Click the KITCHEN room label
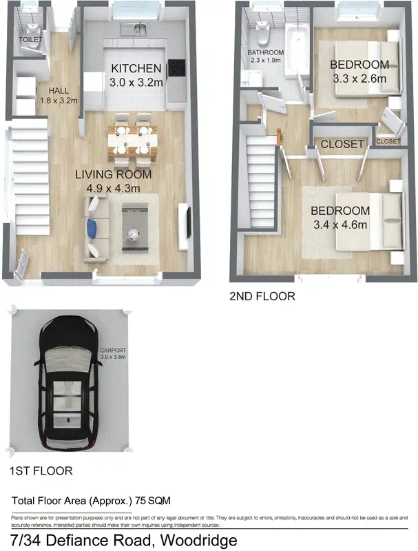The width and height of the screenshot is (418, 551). (136, 69)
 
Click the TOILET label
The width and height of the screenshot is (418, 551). (30, 40)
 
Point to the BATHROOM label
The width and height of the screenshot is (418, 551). (266, 52)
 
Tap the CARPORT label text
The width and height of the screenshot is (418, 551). (112, 350)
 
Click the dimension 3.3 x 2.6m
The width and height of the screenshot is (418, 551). (359, 79)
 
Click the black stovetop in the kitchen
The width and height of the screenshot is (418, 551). (176, 68)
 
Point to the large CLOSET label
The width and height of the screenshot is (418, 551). (342, 145)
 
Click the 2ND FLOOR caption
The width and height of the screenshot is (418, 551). (262, 297)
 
